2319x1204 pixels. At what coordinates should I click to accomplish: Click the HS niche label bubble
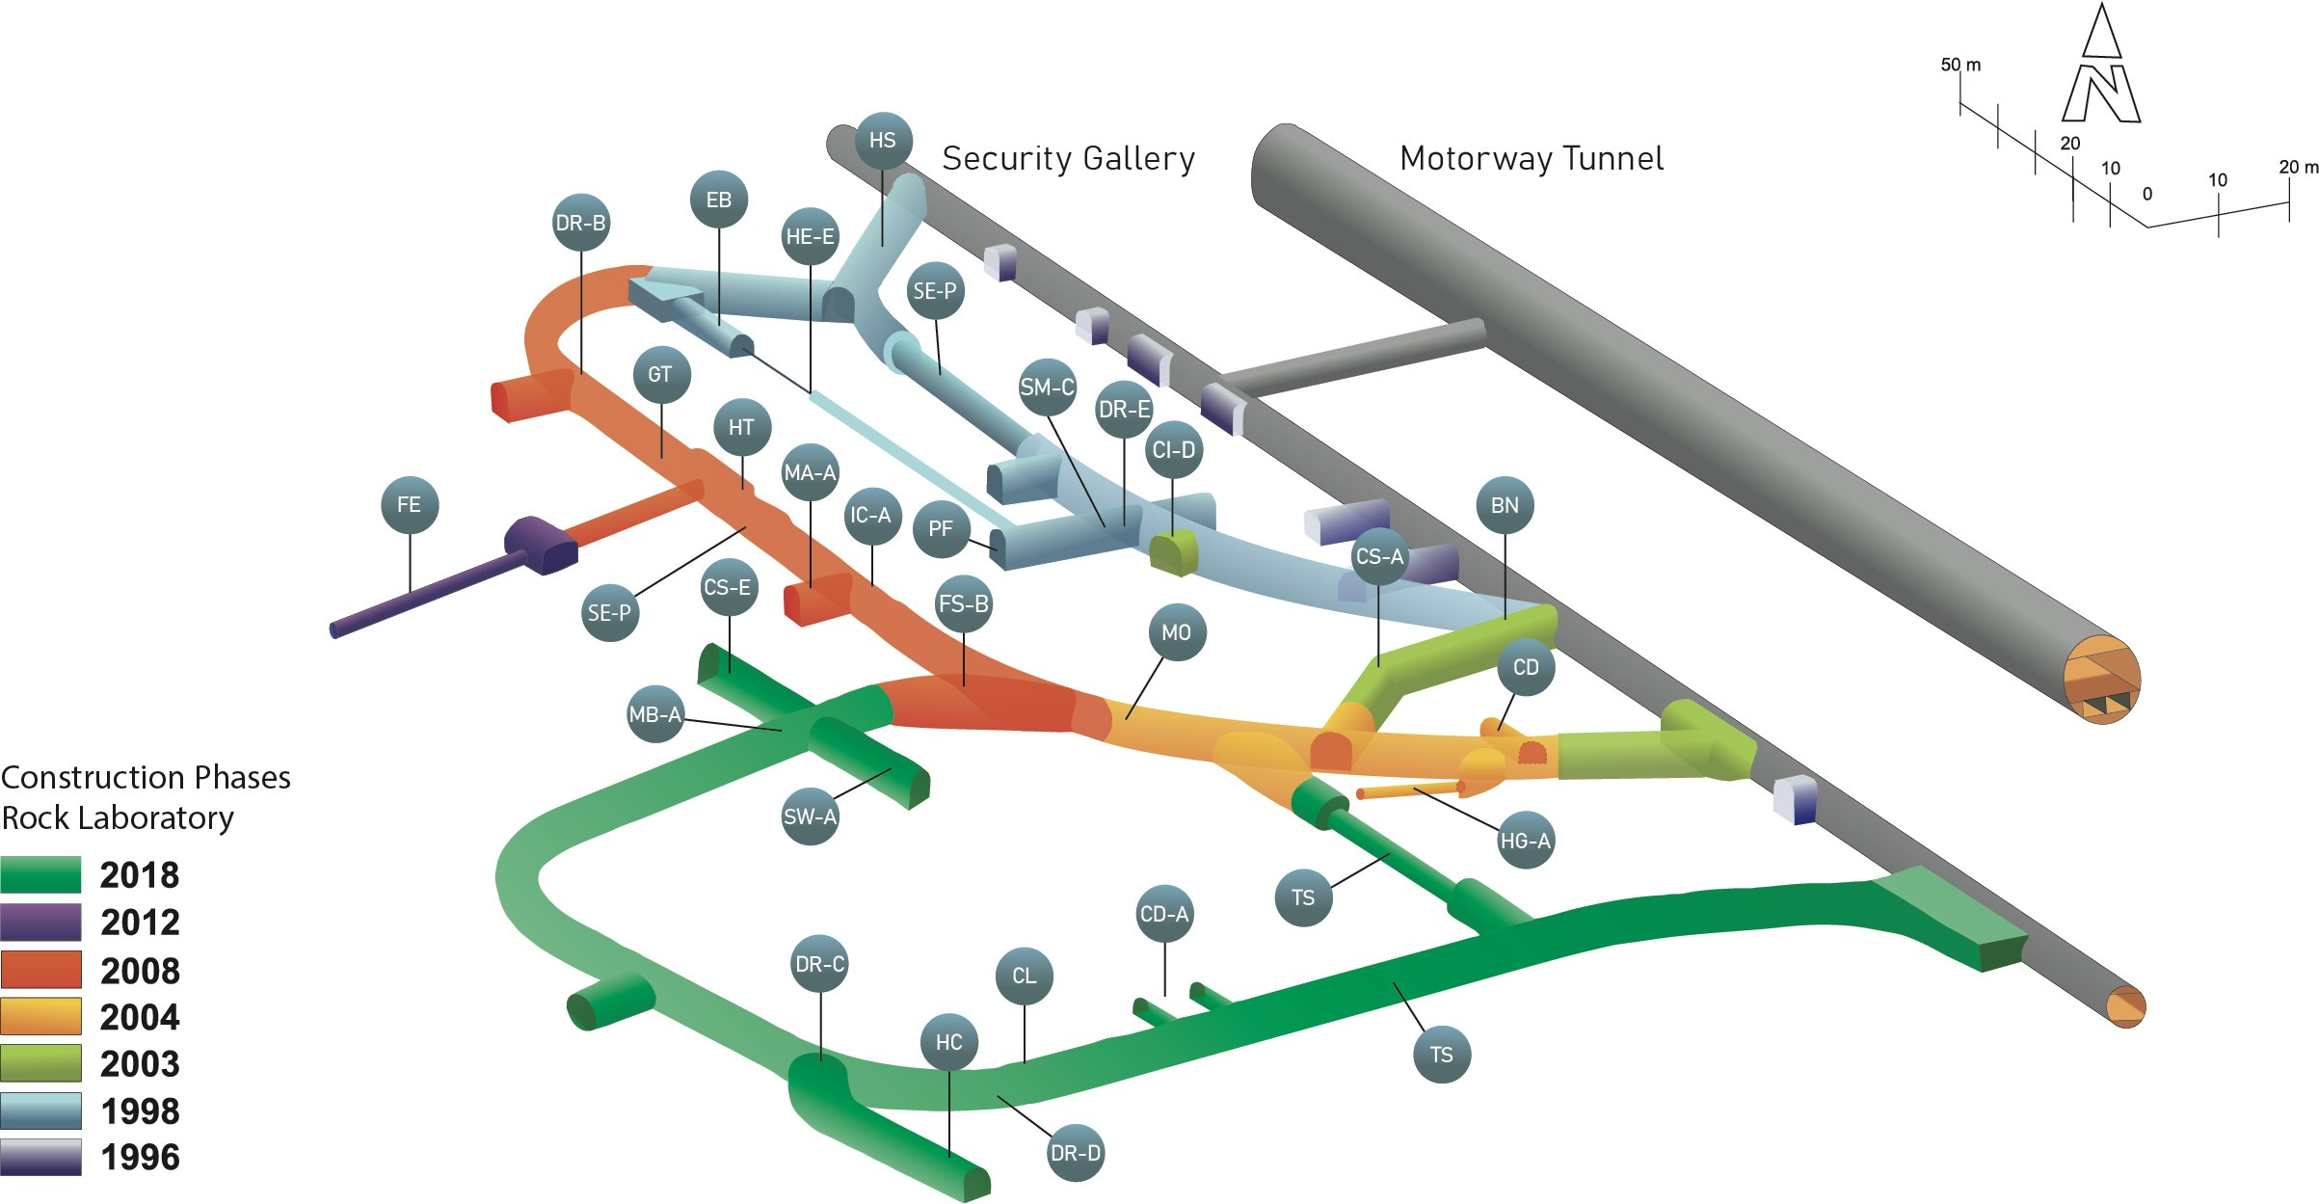pos(883,141)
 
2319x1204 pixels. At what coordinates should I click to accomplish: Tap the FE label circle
pos(410,505)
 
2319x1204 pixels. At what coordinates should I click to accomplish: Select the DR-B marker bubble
pos(580,224)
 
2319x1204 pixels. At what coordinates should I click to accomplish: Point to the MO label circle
pos(1177,632)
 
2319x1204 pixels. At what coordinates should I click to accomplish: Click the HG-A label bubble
pos(1525,841)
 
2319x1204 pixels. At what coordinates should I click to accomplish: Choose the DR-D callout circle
pos(1075,1153)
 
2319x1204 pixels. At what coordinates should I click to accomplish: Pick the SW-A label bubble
pos(810,816)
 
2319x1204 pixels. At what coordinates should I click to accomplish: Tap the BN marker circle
pos(1505,505)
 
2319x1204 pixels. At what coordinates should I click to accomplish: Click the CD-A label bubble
pos(1164,914)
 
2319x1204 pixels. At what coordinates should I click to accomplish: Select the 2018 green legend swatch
pos(40,874)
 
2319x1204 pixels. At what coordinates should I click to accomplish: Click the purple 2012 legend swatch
pos(40,922)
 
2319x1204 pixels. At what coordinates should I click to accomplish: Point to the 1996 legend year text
pos(141,1157)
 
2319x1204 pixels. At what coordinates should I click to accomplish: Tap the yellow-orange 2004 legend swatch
pos(40,1016)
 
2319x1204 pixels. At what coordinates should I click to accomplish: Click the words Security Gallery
pos(1068,158)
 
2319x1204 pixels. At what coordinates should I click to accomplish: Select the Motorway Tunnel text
pos(1532,158)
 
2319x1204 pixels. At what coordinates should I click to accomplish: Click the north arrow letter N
pos(2102,94)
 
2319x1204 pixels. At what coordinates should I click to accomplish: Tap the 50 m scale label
pos(1960,65)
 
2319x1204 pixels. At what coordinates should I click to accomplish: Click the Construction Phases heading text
pos(146,777)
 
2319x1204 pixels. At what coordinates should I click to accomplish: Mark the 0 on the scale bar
pos(2147,195)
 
